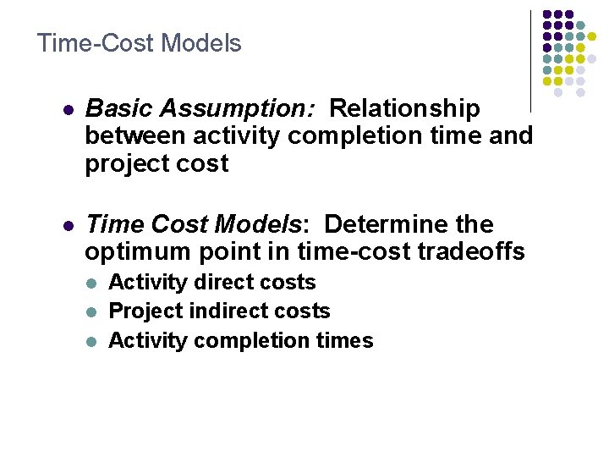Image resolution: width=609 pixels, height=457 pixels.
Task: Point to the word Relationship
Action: coord(405,109)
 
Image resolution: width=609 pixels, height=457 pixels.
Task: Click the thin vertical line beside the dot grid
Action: coord(530,59)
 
